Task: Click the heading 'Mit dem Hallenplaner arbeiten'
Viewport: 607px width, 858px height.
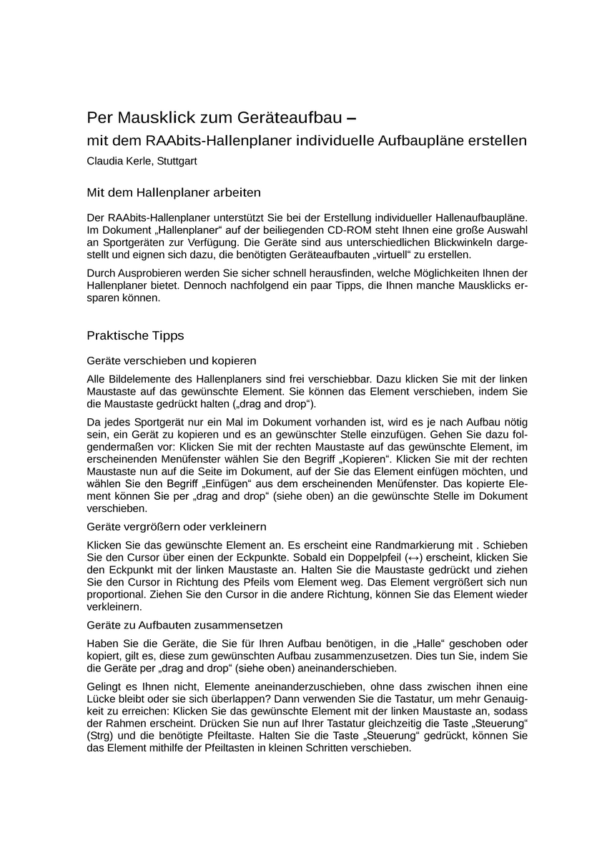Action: (x=174, y=192)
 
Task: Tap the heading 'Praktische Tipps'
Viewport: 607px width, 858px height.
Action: (x=135, y=335)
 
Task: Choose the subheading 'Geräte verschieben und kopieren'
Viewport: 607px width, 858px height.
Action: (x=172, y=360)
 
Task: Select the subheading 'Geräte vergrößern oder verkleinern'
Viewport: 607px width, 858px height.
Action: (x=176, y=527)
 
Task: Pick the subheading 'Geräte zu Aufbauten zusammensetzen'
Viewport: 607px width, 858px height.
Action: (x=184, y=624)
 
